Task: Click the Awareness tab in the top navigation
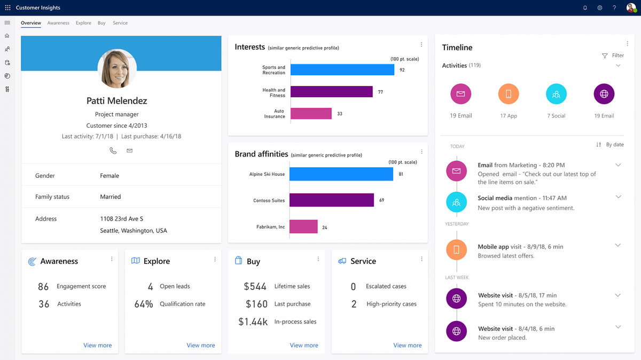[58, 23]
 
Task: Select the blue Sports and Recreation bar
[342, 70]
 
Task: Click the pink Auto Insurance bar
[311, 114]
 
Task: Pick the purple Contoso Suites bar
[331, 200]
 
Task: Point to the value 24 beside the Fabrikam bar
[325, 228]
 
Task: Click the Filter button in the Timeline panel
[613, 56]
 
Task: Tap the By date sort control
[610, 145]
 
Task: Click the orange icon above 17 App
[509, 94]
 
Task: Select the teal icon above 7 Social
[556, 94]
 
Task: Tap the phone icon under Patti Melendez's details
[113, 151]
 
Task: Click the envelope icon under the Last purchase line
[129, 151]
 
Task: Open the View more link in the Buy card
[304, 346]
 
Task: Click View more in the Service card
[407, 346]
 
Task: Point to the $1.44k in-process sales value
[253, 322]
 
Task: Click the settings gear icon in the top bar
[600, 8]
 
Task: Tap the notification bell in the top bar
[585, 8]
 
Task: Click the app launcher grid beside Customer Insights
[7, 8]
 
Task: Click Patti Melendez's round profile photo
[117, 69]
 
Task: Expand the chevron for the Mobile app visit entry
[618, 245]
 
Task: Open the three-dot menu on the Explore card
[215, 259]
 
